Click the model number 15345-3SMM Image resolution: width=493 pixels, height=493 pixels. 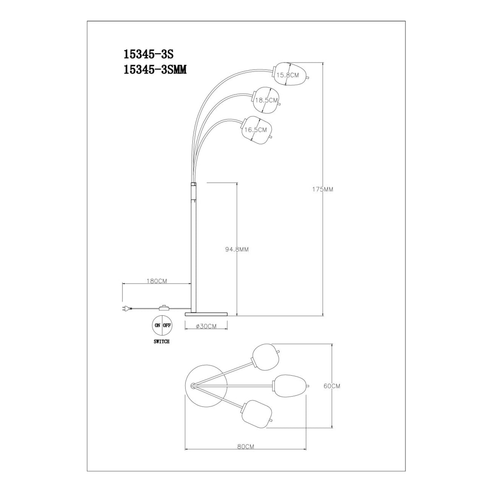click(155, 70)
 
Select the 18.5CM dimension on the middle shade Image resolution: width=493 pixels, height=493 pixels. click(266, 100)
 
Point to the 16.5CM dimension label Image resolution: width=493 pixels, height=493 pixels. click(256, 129)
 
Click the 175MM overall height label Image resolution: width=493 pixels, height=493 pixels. click(322, 189)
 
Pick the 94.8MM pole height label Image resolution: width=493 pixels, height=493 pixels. click(237, 249)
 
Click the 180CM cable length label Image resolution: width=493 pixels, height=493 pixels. click(156, 281)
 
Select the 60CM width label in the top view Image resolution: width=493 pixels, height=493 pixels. click(332, 386)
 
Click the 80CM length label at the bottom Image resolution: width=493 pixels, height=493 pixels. click(245, 446)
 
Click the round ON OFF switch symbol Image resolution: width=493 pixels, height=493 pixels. click(162, 325)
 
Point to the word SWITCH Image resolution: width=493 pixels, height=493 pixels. click(162, 341)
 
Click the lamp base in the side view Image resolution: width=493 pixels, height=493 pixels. click(206, 313)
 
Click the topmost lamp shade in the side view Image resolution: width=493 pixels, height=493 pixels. click(290, 74)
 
